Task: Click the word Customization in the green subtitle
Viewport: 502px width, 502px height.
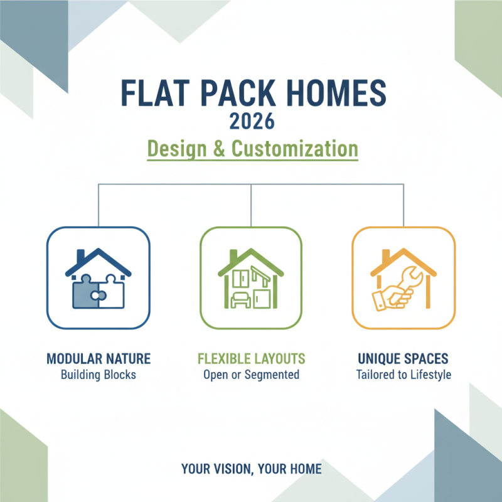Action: pos(295,150)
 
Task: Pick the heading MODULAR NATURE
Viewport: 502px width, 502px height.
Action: pos(99,359)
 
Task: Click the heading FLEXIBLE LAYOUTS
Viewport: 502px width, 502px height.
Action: pos(251,359)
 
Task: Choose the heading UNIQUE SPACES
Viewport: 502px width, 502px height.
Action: pos(403,359)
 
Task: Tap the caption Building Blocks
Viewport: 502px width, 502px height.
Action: pos(99,375)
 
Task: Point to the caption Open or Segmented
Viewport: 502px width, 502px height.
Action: pos(251,375)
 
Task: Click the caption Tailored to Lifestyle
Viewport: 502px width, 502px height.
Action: pos(403,375)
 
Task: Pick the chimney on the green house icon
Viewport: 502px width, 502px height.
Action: pos(233,256)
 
